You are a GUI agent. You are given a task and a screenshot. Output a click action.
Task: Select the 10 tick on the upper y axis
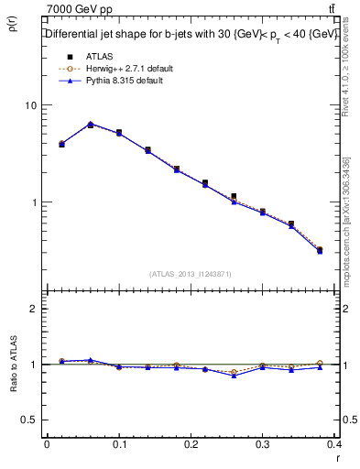pos(30,105)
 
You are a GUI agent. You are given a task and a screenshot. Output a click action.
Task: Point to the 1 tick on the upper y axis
pos(33,202)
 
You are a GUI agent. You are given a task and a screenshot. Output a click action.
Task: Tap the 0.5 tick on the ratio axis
pos(28,420)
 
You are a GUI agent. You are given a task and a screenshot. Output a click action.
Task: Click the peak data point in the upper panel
pos(90,124)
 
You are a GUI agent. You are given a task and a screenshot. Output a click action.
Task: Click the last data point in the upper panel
pos(320,249)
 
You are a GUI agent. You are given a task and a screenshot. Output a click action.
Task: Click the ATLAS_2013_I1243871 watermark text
pos(191,274)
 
